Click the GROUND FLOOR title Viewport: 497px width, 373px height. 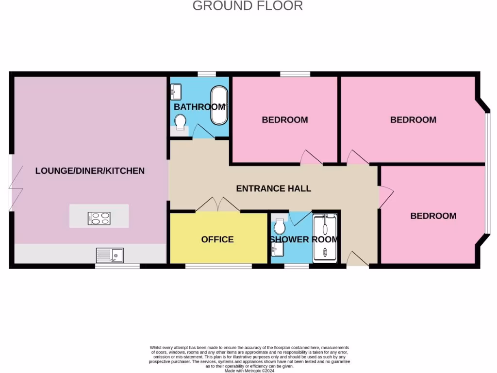(x=248, y=6)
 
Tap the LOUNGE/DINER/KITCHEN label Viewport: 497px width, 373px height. (x=90, y=171)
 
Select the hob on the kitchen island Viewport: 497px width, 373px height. (x=99, y=218)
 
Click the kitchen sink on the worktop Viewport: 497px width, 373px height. (x=110, y=254)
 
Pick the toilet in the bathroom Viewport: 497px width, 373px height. (x=180, y=121)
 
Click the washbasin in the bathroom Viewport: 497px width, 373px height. (x=176, y=91)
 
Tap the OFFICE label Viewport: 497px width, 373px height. (x=217, y=239)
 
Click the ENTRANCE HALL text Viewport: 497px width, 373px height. (x=273, y=188)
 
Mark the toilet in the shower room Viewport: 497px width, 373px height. (x=279, y=226)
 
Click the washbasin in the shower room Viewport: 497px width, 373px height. (x=277, y=250)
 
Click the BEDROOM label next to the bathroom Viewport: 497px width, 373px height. (x=285, y=119)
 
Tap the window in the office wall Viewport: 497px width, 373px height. (x=218, y=266)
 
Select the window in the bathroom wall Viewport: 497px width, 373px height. (x=207, y=74)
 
